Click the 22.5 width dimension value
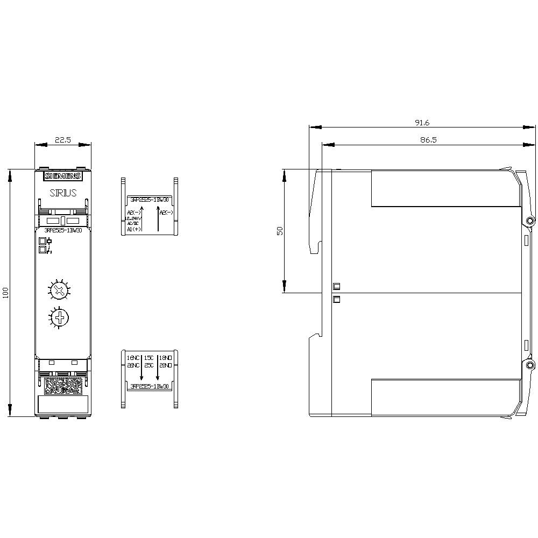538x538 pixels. [62, 140]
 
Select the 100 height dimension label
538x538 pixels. [6, 293]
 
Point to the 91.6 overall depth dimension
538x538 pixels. [422, 123]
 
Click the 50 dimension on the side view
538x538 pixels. [280, 231]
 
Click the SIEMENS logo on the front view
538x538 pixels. [62, 176]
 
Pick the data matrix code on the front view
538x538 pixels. [63, 385]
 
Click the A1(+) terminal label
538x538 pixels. [133, 229]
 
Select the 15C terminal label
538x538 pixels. [149, 357]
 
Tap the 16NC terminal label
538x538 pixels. [133, 357]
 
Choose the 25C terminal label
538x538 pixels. [149, 365]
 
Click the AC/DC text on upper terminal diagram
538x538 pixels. [132, 223]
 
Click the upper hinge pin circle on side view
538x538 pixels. [530, 221]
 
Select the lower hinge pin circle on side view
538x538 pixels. [530, 365]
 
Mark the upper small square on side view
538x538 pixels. [337, 286]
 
